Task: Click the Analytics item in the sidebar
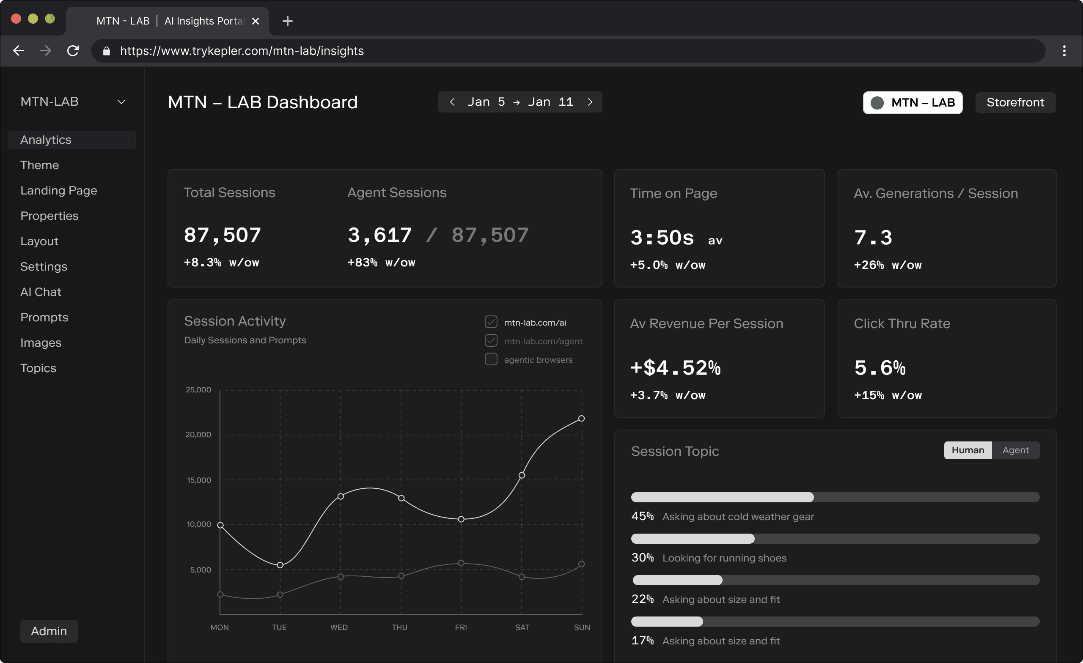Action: tap(46, 140)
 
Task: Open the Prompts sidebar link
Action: tap(44, 317)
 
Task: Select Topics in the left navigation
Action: tap(38, 368)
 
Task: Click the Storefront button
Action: tap(1015, 102)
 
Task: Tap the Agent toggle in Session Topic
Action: tap(1015, 450)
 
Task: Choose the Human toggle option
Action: tap(968, 450)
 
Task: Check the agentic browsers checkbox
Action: tap(491, 359)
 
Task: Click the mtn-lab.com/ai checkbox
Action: tap(491, 322)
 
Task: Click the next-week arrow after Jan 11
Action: tap(590, 102)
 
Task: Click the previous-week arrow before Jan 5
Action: tap(452, 102)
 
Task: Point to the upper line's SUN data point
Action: tap(582, 418)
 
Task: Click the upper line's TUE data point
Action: tap(280, 565)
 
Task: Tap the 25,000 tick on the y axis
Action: tap(198, 390)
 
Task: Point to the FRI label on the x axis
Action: tap(461, 627)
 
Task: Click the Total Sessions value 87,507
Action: tap(223, 235)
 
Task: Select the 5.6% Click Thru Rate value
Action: tap(880, 368)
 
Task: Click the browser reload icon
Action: tap(73, 51)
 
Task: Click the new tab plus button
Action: tap(287, 21)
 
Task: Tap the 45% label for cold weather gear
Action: tap(643, 516)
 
